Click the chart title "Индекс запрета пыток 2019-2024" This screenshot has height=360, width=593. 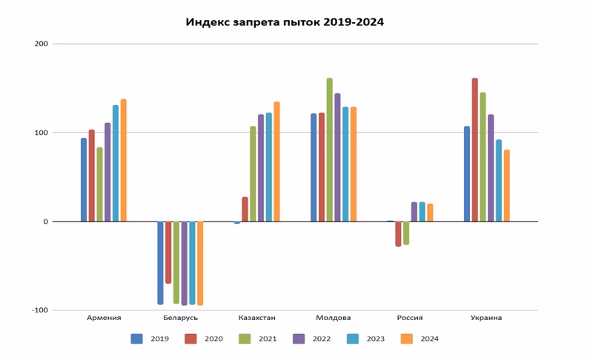[285, 22]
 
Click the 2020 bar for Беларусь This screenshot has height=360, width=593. [168, 252]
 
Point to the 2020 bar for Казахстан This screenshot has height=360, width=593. [245, 209]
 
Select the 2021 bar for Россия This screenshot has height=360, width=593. [406, 233]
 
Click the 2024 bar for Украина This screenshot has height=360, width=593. [506, 185]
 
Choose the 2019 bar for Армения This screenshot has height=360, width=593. [84, 179]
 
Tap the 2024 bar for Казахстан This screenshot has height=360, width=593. [276, 161]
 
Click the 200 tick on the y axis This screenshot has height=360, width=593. [41, 44]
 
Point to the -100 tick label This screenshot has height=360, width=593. [39, 310]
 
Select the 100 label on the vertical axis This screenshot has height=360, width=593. [41, 133]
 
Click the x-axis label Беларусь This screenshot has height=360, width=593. [180, 318]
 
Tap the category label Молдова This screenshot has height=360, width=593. [334, 318]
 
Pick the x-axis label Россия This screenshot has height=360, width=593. [410, 318]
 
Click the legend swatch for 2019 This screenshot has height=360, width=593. [137, 339]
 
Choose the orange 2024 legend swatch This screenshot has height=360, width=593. [406, 339]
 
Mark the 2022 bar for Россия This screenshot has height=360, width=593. [414, 212]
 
